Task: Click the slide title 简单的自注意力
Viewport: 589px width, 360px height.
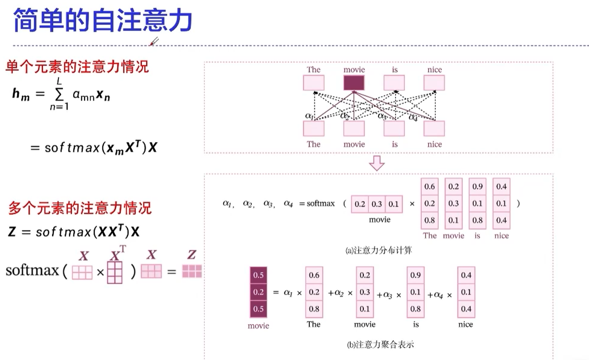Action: (x=102, y=20)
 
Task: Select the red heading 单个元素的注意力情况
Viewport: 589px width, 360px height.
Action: (x=77, y=67)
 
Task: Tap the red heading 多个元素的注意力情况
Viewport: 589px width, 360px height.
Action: (x=79, y=208)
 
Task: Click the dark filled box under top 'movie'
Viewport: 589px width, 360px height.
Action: (x=354, y=83)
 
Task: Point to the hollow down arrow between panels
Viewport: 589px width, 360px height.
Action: (x=377, y=163)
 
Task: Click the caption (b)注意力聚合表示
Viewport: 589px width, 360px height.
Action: (x=381, y=344)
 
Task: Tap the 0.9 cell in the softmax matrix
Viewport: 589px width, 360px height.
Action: (x=477, y=186)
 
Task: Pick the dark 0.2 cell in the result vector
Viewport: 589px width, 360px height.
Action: (x=258, y=292)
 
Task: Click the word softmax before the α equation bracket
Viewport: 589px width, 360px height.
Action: (x=321, y=203)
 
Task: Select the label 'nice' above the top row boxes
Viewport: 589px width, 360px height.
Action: (x=434, y=70)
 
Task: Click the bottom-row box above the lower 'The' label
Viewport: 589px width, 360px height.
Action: (x=314, y=129)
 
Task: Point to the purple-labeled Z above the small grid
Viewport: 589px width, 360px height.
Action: (x=192, y=254)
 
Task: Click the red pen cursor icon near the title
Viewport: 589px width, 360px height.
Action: (x=154, y=42)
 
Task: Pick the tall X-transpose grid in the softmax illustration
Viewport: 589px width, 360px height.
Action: (x=115, y=272)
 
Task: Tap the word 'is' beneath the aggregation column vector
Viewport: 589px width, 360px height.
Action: (x=416, y=324)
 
